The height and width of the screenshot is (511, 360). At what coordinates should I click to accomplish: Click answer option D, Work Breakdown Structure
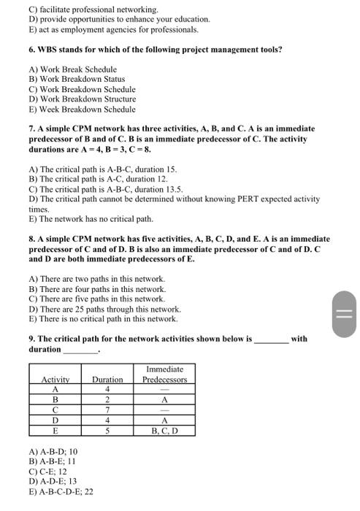(82, 99)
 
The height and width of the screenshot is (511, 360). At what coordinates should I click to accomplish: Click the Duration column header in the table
(107, 379)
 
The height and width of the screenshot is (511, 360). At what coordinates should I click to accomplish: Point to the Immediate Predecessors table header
(164, 374)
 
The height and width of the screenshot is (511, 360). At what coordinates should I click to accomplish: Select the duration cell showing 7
(107, 410)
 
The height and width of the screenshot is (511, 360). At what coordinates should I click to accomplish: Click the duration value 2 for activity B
(107, 400)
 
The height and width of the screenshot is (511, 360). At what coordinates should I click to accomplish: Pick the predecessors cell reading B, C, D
(164, 431)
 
